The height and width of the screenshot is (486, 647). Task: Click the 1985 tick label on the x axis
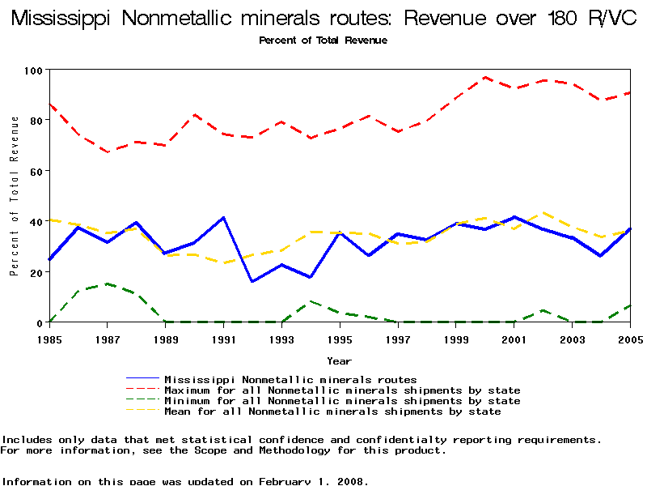pyautogui.click(x=49, y=339)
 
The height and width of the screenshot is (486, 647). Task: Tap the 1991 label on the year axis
pyautogui.click(x=223, y=339)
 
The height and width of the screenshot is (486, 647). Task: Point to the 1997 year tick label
pyautogui.click(x=397, y=339)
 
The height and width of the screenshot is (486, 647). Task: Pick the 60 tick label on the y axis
pyautogui.click(x=35, y=171)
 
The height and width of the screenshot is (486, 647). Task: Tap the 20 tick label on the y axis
pyautogui.click(x=35, y=272)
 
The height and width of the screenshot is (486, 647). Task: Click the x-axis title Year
pyautogui.click(x=339, y=360)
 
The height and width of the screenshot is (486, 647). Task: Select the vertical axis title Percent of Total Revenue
pyautogui.click(x=15, y=196)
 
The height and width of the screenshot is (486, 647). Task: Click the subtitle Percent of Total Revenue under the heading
pyautogui.click(x=323, y=40)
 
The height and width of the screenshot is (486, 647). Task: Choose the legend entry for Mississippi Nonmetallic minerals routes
pyautogui.click(x=290, y=379)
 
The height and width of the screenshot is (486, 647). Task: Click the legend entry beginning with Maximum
pyautogui.click(x=342, y=390)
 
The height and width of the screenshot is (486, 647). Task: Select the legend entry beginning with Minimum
pyautogui.click(x=342, y=401)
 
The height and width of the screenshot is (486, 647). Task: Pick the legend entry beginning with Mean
pyautogui.click(x=332, y=411)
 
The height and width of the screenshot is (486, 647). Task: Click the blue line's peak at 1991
pyautogui.click(x=223, y=217)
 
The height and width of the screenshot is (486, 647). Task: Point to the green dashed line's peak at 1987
pyautogui.click(x=108, y=283)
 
